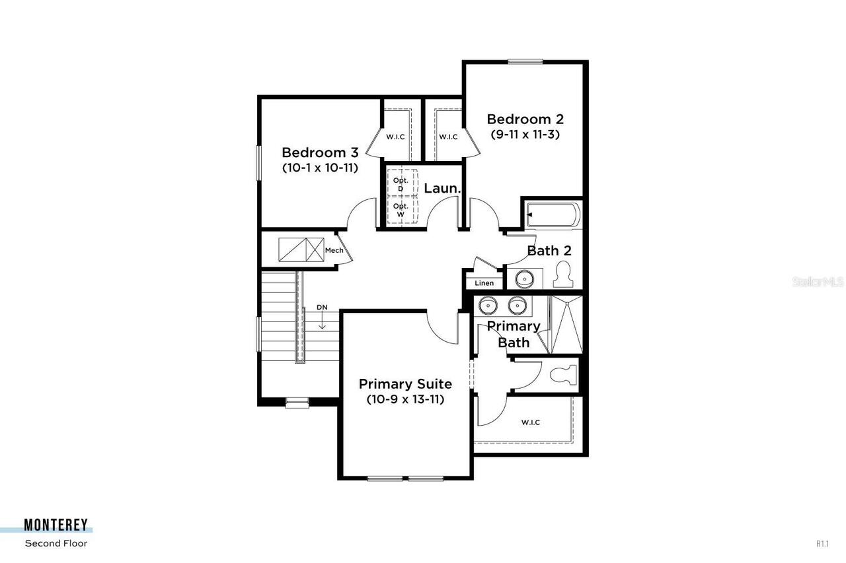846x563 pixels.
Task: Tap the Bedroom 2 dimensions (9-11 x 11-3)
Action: coord(526,134)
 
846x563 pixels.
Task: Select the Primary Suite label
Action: coord(405,383)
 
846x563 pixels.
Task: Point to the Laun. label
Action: coord(442,188)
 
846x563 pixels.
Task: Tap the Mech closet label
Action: coord(333,251)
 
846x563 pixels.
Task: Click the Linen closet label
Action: coord(484,283)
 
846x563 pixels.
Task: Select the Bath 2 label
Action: coord(549,251)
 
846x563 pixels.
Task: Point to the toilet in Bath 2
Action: coord(562,275)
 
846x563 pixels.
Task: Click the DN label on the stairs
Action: coord(322,307)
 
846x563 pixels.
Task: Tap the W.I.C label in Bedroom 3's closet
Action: coord(395,137)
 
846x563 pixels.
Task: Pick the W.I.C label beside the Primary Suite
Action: coord(530,422)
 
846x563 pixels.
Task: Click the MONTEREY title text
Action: coord(56,525)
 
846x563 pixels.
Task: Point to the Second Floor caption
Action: coord(56,544)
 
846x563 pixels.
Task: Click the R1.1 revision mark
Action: coord(822,544)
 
